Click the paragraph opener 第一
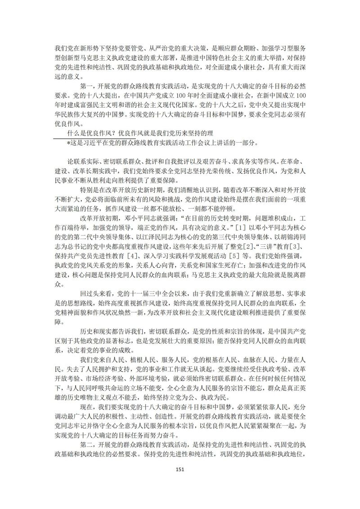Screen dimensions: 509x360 click(x=86, y=86)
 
